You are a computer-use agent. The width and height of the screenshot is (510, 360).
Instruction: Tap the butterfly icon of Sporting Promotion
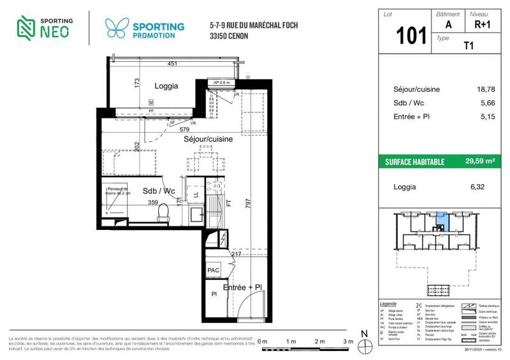tap(115, 29)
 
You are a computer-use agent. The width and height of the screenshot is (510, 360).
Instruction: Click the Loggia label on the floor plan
tap(166, 86)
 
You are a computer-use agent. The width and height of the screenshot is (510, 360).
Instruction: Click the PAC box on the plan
tap(214, 271)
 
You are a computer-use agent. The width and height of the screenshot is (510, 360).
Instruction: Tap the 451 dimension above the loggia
tap(172, 64)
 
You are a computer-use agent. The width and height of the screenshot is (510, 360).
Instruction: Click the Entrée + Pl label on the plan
tap(242, 288)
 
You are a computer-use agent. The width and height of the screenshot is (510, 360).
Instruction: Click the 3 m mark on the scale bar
tap(347, 342)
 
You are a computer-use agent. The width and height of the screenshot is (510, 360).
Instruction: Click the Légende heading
tap(388, 305)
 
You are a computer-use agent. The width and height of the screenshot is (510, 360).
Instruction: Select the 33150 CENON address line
tap(229, 36)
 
